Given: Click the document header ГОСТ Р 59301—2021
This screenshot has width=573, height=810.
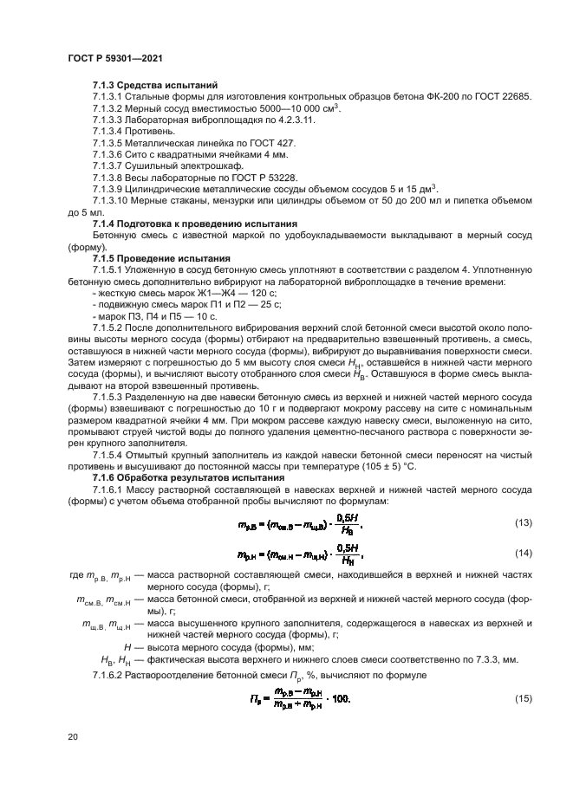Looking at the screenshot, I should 115,57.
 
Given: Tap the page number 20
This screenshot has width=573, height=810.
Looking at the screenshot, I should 73,736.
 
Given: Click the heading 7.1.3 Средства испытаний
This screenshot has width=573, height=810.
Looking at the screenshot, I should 142,86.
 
